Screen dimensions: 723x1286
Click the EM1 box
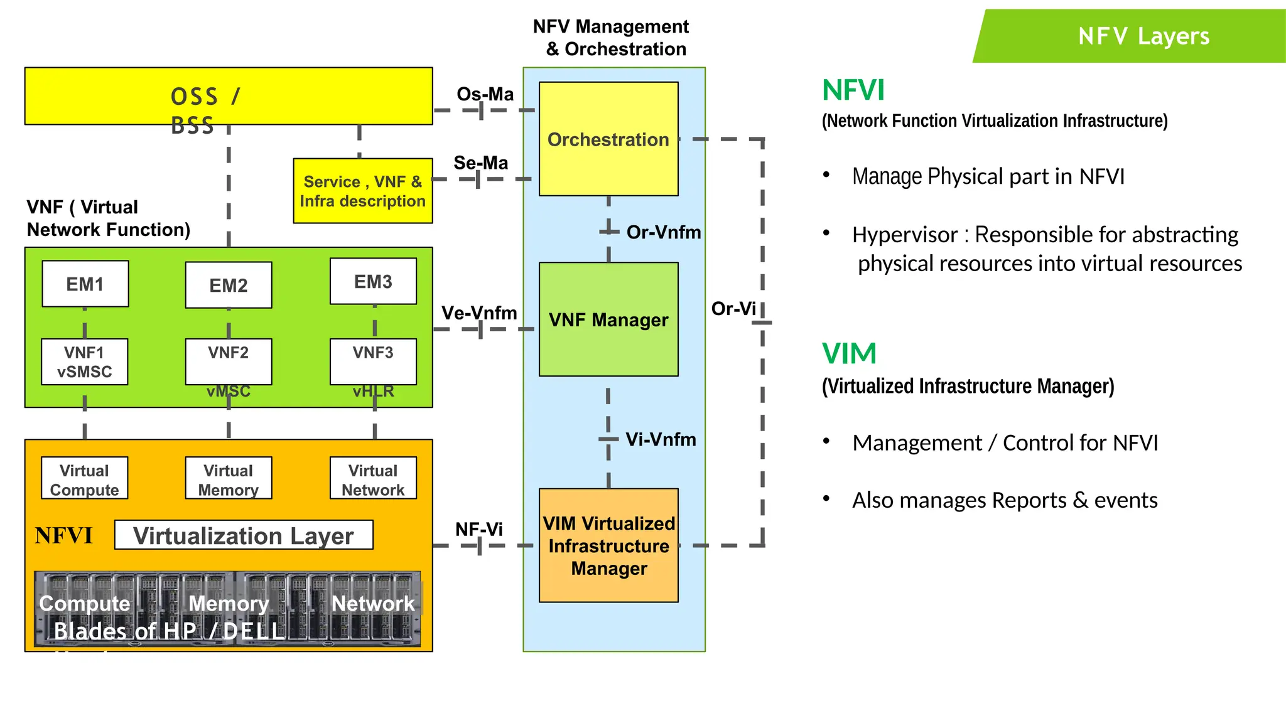85,284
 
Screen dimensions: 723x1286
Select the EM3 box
373,281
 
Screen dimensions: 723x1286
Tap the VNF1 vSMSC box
85,361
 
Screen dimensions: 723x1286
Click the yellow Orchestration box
608,139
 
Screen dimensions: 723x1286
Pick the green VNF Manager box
608,319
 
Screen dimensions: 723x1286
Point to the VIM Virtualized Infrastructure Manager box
608,545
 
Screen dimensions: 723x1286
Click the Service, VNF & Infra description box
363,191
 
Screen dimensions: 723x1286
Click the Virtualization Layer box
244,535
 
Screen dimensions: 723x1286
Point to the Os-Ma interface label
485,94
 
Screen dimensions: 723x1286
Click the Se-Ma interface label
481,163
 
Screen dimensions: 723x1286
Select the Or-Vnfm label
663,232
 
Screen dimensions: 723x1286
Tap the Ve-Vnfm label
479,313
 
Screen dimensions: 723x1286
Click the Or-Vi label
733,308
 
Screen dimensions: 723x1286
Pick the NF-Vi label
478,529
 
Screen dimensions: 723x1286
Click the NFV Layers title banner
1143,36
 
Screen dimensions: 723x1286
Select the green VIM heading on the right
849,353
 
